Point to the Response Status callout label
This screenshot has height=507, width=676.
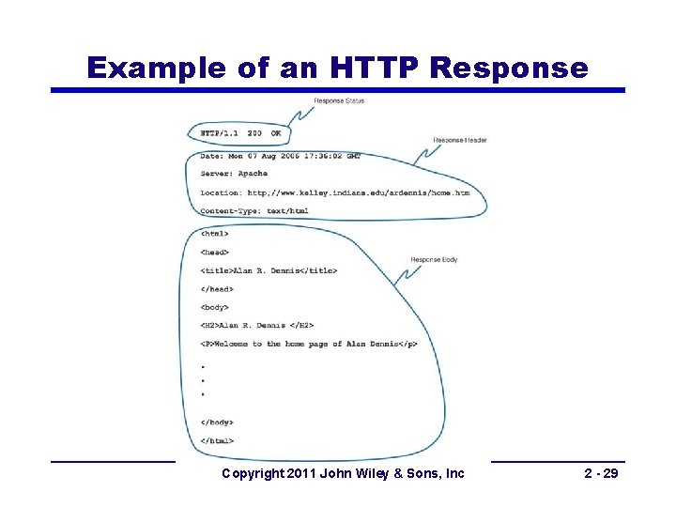(x=339, y=101)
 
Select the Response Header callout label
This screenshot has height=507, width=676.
(x=460, y=141)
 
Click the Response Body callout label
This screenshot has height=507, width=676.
(x=435, y=259)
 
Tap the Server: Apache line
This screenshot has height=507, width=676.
(x=234, y=174)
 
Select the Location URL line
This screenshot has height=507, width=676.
(x=334, y=192)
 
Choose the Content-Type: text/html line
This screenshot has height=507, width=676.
(x=254, y=211)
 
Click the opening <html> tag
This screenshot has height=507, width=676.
(x=214, y=234)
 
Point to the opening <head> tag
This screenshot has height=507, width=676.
(x=214, y=253)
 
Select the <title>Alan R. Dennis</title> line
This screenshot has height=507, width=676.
(x=269, y=271)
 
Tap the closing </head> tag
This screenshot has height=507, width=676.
(x=217, y=289)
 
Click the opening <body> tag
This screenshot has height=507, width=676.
(x=214, y=307)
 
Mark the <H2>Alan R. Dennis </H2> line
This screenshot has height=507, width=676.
(x=256, y=326)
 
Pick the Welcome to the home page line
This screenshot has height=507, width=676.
(x=308, y=345)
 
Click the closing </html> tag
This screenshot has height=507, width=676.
(x=217, y=440)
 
